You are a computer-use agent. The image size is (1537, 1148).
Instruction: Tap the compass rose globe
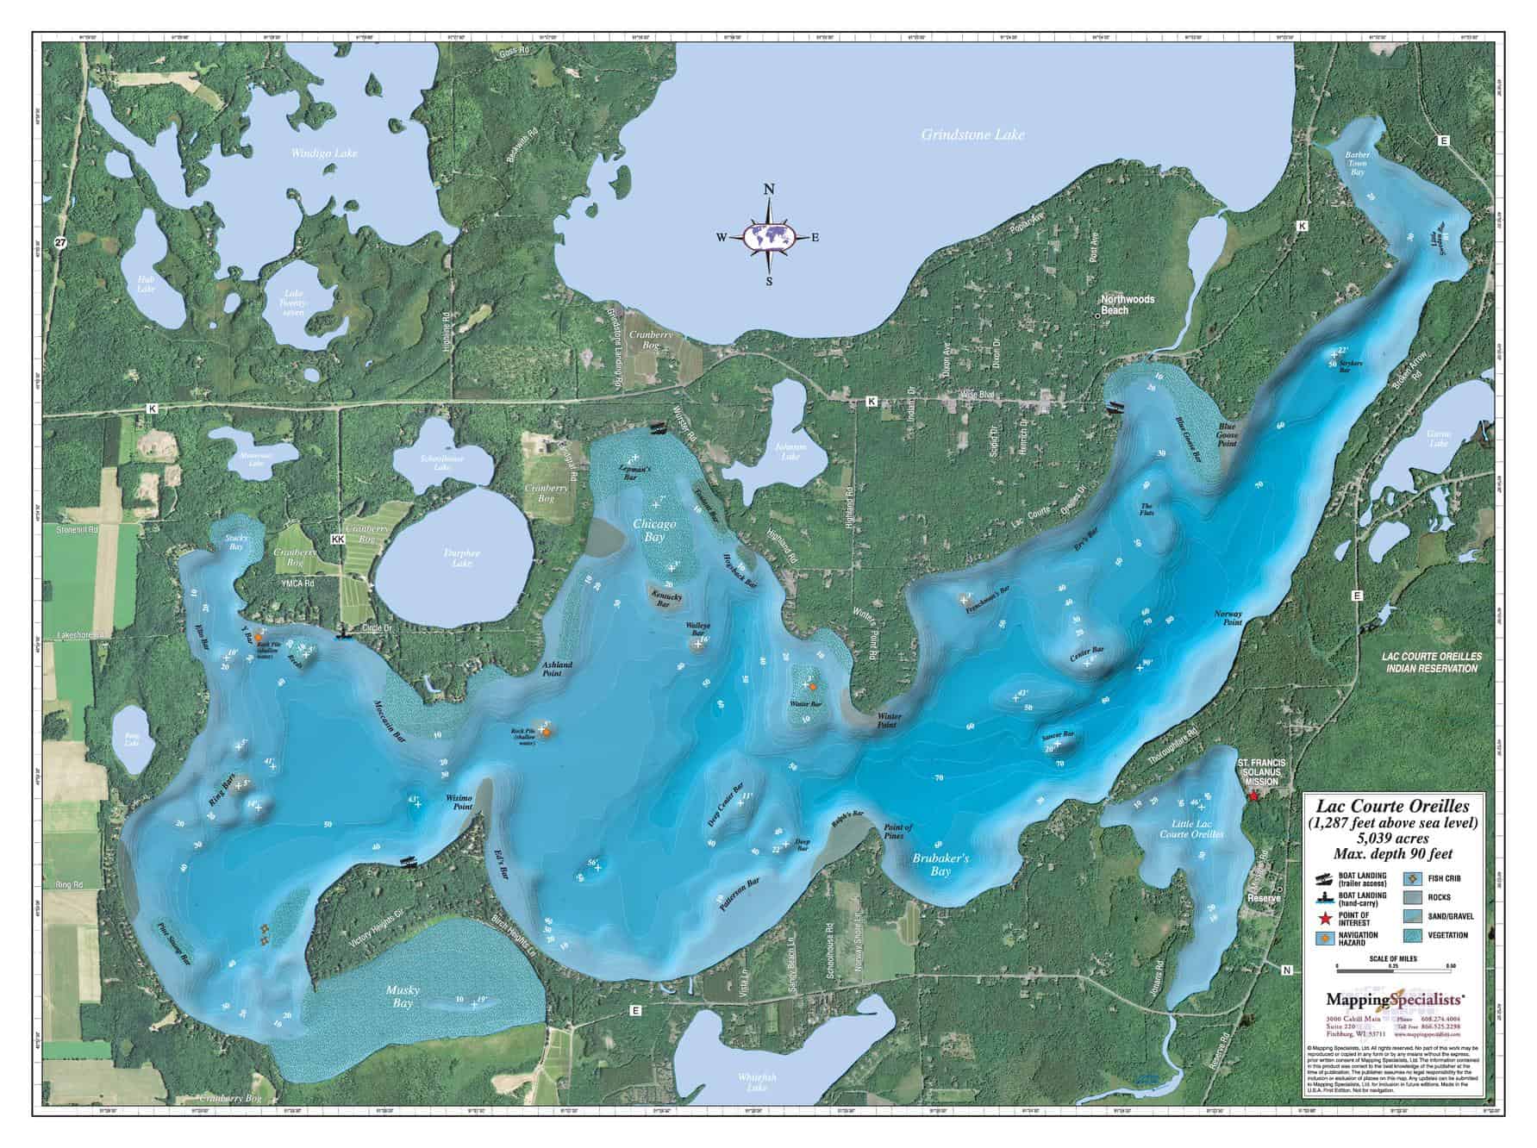tap(770, 236)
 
